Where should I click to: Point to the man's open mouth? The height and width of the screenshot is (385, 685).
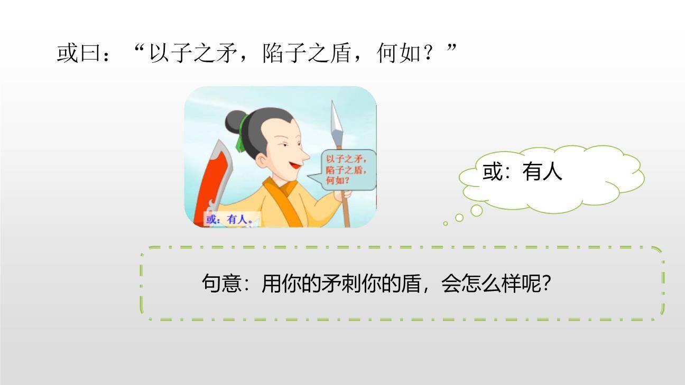(294, 166)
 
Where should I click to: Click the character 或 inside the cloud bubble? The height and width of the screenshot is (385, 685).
(493, 172)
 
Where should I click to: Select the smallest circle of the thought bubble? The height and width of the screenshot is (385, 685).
(446, 223)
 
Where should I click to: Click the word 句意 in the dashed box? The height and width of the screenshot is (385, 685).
(221, 284)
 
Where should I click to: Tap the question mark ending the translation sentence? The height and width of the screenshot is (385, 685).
(547, 284)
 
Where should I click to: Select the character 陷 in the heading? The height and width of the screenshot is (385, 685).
(273, 53)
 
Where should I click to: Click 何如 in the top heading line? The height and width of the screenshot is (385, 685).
(399, 53)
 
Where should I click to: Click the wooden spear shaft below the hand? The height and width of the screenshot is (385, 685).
(346, 214)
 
